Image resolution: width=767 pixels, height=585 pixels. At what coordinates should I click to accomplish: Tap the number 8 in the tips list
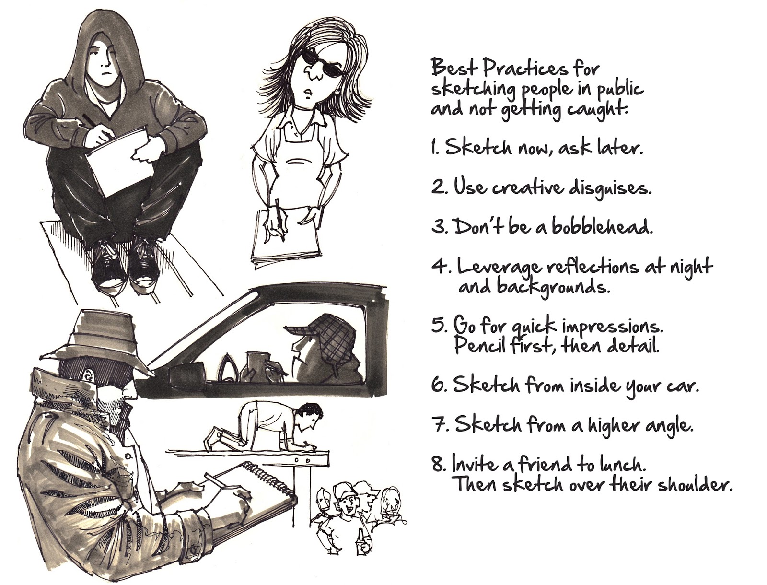click(439, 465)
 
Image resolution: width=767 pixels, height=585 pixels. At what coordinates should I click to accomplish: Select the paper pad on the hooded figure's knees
click(120, 158)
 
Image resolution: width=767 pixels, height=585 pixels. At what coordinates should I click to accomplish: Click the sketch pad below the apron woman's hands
click(288, 237)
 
